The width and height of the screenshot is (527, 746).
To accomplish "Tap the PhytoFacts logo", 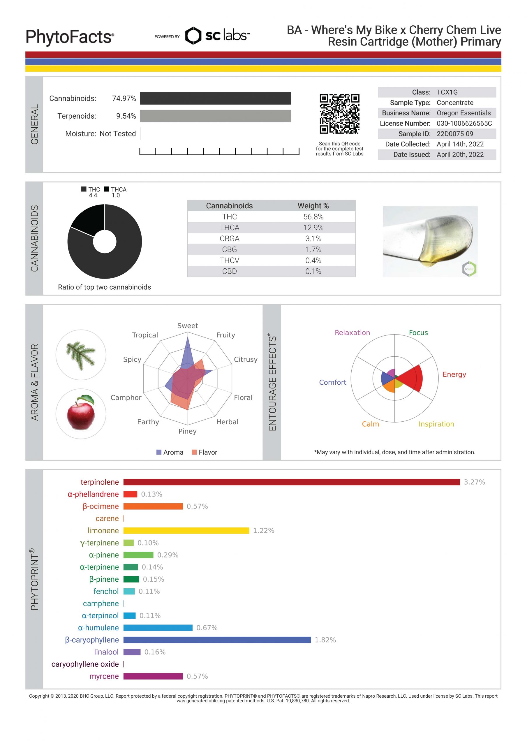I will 70,37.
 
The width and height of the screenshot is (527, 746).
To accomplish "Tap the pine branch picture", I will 81,355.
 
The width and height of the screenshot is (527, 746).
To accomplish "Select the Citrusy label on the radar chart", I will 245,359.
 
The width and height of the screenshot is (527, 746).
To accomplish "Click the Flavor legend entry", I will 205,452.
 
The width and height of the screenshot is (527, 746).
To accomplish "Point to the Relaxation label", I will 352,333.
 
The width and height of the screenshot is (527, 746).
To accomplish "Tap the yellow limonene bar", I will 186,531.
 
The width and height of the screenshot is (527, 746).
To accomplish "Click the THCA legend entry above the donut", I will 116,189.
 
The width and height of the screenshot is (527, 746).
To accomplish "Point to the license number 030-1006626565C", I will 464,123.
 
